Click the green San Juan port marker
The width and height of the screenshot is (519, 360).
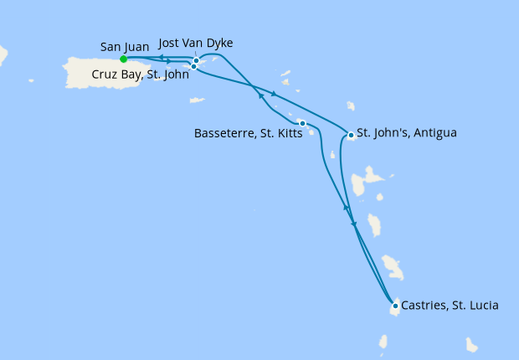click(123, 59)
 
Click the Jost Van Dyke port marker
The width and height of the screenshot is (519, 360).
click(196, 60)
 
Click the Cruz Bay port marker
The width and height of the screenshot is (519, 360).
click(193, 66)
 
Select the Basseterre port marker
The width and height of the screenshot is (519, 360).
click(302, 124)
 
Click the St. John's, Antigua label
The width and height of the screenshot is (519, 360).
click(407, 132)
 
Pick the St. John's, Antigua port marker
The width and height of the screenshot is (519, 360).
click(350, 135)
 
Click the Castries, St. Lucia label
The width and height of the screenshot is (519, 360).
click(450, 306)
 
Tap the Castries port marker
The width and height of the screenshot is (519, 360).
click(395, 306)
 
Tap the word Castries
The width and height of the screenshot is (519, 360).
click(424, 306)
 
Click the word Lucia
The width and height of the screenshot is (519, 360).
click(482, 306)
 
